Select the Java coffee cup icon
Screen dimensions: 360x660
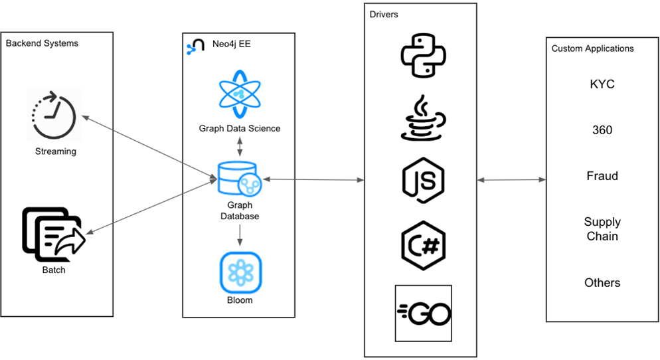pos(423,118)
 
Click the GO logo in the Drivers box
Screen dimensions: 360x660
pos(423,314)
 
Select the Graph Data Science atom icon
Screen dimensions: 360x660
pos(240,94)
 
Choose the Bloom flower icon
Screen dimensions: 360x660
pos(240,272)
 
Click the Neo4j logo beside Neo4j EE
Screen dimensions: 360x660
pos(195,46)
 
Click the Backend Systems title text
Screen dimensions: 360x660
pos(42,43)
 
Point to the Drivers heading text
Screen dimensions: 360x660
pos(384,14)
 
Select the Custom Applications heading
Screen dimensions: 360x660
pos(592,48)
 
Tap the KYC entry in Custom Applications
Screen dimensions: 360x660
pos(602,84)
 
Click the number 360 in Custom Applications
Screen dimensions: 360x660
pos(602,130)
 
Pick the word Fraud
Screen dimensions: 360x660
pos(602,176)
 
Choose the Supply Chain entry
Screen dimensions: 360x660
pos(602,229)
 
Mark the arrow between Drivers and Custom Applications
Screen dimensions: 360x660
pos(511,180)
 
